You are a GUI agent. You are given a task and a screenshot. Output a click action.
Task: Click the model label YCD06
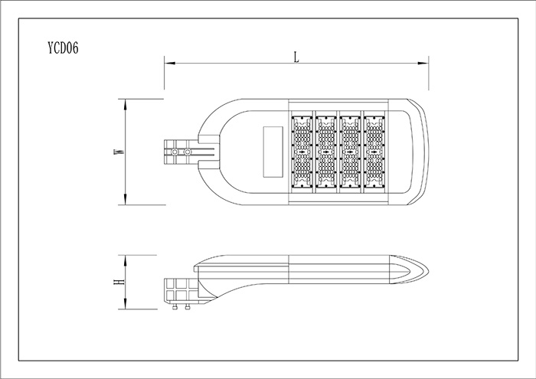(x=64, y=48)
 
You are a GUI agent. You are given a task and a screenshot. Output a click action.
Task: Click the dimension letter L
(x=296, y=57)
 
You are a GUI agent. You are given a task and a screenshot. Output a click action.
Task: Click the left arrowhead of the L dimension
(x=170, y=64)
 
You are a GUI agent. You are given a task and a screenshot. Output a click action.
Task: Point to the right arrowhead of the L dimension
(x=423, y=64)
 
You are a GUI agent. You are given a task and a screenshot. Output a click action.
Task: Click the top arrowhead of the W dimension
(x=126, y=104)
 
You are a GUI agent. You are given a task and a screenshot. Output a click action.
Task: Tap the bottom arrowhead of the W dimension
(x=126, y=200)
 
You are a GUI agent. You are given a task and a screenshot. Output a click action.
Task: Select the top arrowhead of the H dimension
(x=126, y=260)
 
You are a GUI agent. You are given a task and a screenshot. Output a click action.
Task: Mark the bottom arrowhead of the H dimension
(x=126, y=304)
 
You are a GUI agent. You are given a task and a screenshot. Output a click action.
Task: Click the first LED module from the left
(x=302, y=152)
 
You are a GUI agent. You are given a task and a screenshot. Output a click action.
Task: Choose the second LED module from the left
(x=326, y=152)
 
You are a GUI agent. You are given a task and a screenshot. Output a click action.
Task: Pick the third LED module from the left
(x=351, y=152)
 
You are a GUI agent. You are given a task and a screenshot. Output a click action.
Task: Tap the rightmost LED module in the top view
(x=374, y=152)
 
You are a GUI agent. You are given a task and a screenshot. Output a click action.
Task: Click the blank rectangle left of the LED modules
(x=273, y=152)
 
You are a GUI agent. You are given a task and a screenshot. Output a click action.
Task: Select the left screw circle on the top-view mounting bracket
(x=175, y=152)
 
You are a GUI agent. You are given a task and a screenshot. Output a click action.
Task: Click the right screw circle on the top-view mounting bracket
(x=188, y=152)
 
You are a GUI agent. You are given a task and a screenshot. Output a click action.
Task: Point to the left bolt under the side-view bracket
(x=175, y=307)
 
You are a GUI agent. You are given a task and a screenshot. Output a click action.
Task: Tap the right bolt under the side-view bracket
(x=188, y=307)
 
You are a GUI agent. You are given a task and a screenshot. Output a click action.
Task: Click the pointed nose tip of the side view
(x=429, y=271)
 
